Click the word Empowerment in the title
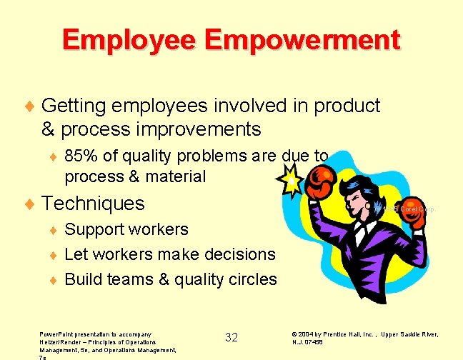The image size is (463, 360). pyautogui.click(x=317, y=39)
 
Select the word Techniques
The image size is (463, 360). pyautogui.click(x=94, y=204)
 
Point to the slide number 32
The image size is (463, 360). pyautogui.click(x=231, y=337)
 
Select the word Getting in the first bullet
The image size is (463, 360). pyautogui.click(x=74, y=106)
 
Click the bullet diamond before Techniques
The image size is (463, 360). pyautogui.click(x=29, y=204)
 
